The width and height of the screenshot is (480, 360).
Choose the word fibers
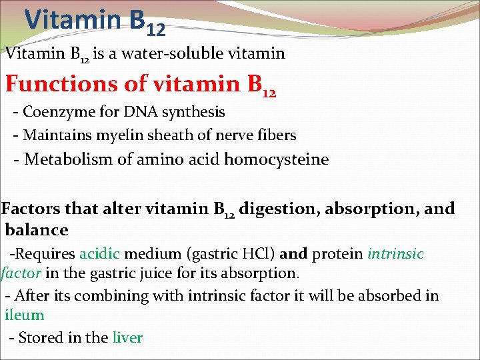(x=275, y=135)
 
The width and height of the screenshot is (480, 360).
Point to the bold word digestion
(x=279, y=209)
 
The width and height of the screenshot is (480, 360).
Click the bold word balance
(x=37, y=230)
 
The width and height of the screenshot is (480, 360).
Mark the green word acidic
(x=99, y=254)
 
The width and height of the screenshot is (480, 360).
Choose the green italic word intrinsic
(x=395, y=254)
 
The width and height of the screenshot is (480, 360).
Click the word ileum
(x=25, y=315)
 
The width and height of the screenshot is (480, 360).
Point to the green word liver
(x=127, y=337)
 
